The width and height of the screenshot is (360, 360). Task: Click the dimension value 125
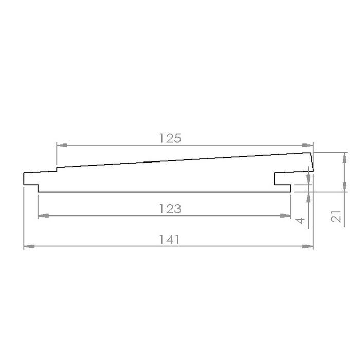tap(170, 138)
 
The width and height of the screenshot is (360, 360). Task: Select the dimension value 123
tap(170, 209)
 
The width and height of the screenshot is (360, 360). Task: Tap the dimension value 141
tap(169, 239)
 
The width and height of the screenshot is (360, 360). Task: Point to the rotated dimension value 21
tap(336, 216)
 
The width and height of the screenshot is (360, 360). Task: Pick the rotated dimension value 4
tap(300, 221)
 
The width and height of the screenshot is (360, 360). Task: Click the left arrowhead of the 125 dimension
tap(62, 145)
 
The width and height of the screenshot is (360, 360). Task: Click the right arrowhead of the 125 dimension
tap(308, 145)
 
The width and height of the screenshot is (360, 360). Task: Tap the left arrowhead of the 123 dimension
tap(43, 215)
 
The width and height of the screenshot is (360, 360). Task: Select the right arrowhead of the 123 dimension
tap(285, 215)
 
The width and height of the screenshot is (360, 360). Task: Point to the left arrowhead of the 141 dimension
tap(29, 246)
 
